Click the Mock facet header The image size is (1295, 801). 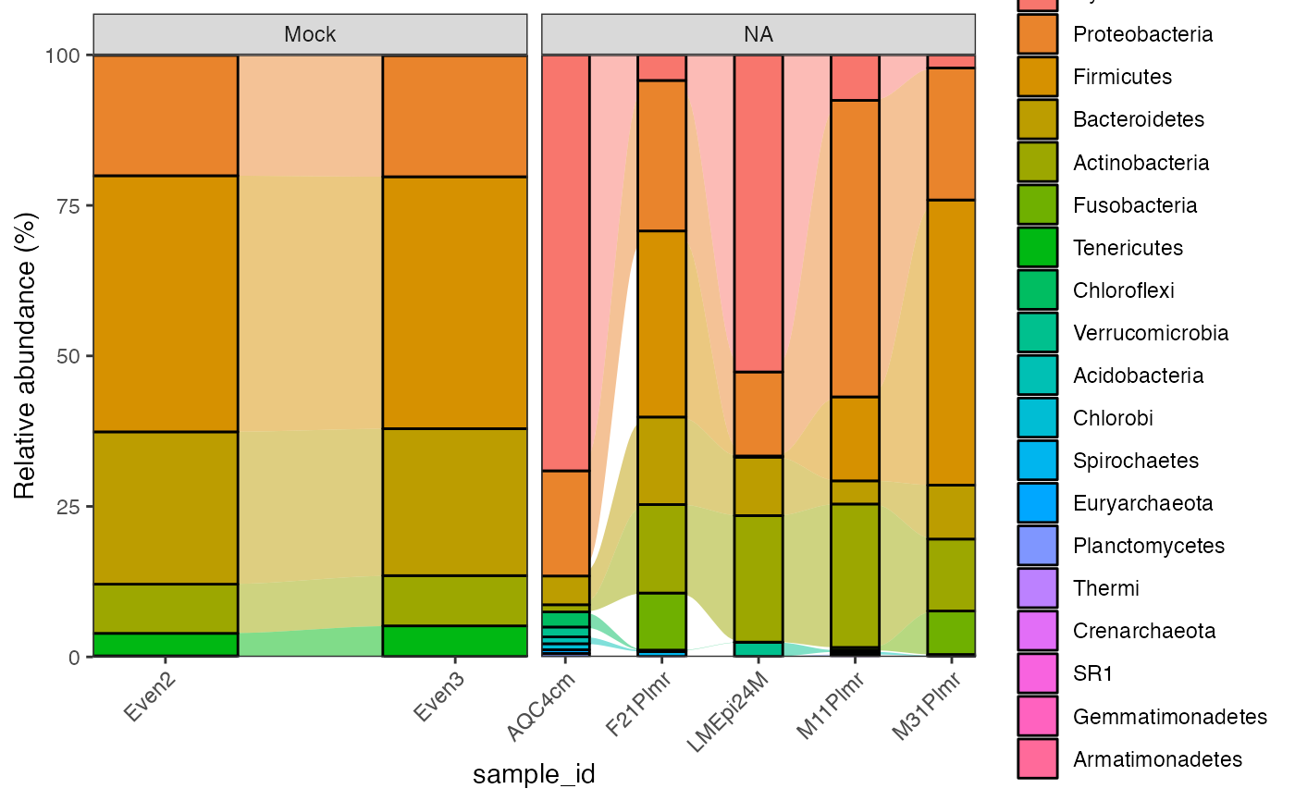(310, 35)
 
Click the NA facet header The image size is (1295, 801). (758, 35)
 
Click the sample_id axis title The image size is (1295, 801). (534, 773)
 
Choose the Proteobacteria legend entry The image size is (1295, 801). (1142, 34)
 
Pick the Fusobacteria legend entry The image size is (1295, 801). (1135, 205)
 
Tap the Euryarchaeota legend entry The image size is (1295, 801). (1142, 503)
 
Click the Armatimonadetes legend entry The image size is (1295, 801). (1157, 759)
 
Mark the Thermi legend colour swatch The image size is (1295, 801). (1039, 589)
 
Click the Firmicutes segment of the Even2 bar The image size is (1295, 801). (166, 303)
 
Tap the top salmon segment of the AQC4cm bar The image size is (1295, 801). (565, 263)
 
